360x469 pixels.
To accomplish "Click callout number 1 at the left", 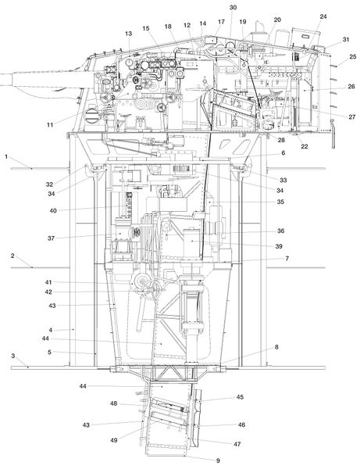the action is click(x=6, y=156).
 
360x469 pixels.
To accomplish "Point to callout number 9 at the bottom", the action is click(x=218, y=460).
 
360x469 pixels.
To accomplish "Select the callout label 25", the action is click(x=353, y=56).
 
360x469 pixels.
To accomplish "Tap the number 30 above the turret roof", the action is click(x=233, y=8).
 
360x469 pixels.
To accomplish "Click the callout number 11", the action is click(x=50, y=125).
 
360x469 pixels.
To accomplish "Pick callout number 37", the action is click(x=51, y=238).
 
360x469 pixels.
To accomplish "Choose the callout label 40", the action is click(x=53, y=210).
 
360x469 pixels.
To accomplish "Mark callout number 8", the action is click(x=276, y=347).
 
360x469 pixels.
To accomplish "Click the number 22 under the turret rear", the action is click(x=304, y=146).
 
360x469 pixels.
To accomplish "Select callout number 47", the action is click(x=237, y=444).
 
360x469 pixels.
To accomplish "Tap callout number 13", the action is click(x=129, y=34).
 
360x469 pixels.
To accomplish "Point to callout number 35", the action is click(x=280, y=202).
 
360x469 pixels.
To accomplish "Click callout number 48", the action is click(x=113, y=403).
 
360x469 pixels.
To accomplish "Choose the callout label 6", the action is click(x=283, y=153).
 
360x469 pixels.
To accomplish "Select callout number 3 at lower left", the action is click(x=12, y=356).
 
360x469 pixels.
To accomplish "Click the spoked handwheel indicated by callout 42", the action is click(x=151, y=289).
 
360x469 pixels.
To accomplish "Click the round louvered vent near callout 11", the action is click(x=91, y=116).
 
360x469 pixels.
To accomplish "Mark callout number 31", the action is click(x=346, y=40).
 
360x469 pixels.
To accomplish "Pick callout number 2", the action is click(x=12, y=256).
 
